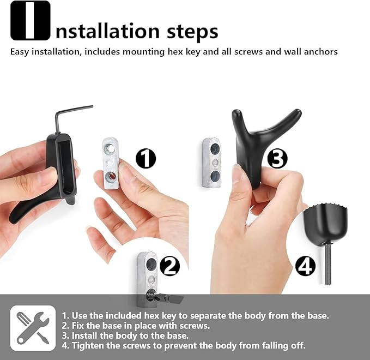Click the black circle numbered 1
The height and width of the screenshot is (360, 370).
click(145, 159)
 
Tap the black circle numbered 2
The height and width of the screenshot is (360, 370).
click(169, 266)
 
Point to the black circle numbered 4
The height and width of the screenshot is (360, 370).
click(305, 266)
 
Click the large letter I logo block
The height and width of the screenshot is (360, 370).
click(31, 21)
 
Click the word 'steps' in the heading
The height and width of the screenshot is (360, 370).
click(192, 32)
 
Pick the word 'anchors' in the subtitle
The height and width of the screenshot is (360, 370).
click(320, 52)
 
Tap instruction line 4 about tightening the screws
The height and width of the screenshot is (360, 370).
click(183, 345)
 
